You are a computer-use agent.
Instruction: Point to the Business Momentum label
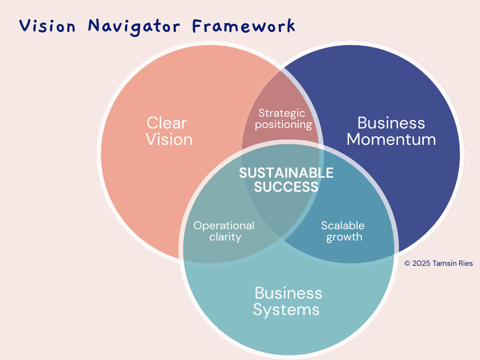click(x=391, y=131)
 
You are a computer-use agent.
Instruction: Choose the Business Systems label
click(x=287, y=301)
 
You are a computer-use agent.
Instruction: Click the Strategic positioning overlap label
click(x=283, y=119)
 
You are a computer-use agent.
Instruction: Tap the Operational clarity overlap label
click(x=224, y=231)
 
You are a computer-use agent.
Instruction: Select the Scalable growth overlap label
click(x=343, y=231)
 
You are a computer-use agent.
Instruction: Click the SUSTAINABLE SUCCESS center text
click(x=286, y=180)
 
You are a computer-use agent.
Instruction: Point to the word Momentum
click(x=391, y=139)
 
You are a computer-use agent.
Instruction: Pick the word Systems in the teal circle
click(x=286, y=309)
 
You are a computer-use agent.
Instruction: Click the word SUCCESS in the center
click(x=286, y=187)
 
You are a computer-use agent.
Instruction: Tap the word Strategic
click(x=282, y=113)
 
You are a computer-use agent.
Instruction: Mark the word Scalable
click(x=343, y=225)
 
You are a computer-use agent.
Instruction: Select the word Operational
click(x=224, y=225)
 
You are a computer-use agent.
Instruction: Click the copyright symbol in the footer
click(x=407, y=264)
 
